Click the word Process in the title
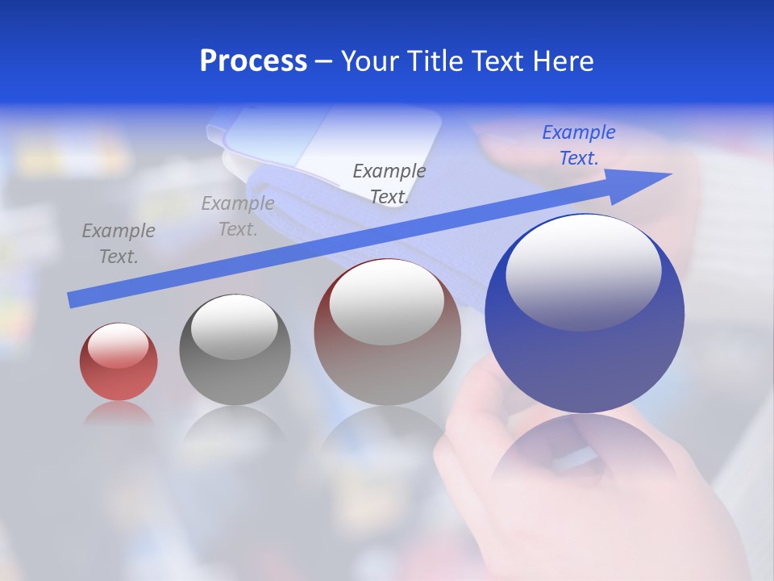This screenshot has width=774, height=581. (253, 61)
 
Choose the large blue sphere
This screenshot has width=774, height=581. (585, 355)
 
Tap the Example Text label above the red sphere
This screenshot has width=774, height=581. (118, 244)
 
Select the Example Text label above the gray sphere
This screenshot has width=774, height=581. (237, 216)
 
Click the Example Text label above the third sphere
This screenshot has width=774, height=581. (389, 184)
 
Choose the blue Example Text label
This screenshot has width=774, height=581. (578, 145)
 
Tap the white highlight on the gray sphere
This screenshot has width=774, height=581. (234, 325)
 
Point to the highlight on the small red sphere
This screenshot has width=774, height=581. (118, 345)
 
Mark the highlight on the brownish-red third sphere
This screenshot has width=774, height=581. (386, 301)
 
